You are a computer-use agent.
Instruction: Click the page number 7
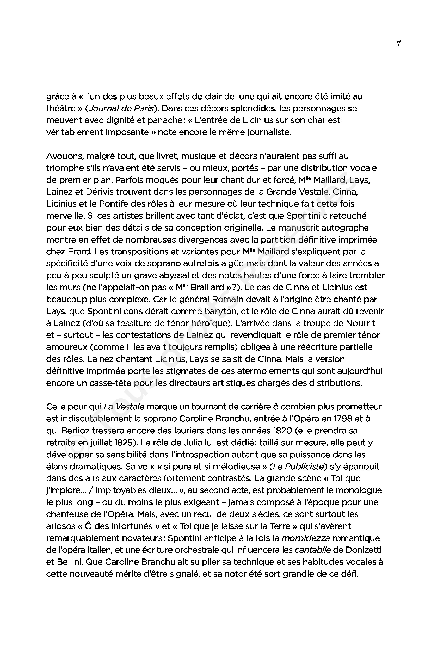[x=399, y=44]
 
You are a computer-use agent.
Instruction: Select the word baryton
[x=219, y=311]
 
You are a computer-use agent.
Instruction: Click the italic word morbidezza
[x=306, y=538]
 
